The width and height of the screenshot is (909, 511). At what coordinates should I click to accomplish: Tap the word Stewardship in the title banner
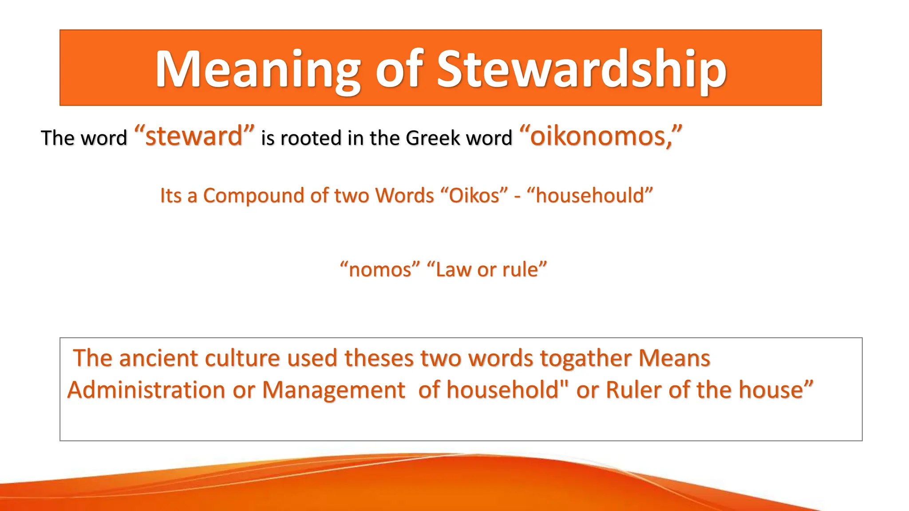click(581, 70)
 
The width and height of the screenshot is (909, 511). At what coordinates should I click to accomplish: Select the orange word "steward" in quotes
click(194, 136)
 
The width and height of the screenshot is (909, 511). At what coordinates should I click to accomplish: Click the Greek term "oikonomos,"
click(600, 136)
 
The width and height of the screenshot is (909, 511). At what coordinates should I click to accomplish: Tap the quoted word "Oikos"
click(474, 196)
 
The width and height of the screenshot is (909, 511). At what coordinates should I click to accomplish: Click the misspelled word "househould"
click(590, 196)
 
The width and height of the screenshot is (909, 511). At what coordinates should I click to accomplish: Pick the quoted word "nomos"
click(380, 270)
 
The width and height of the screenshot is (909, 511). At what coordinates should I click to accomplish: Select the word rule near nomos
click(520, 270)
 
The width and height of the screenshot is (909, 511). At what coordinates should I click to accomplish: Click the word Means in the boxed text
click(674, 358)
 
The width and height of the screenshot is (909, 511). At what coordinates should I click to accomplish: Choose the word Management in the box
click(333, 390)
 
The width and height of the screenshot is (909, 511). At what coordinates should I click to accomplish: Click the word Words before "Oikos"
click(404, 196)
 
